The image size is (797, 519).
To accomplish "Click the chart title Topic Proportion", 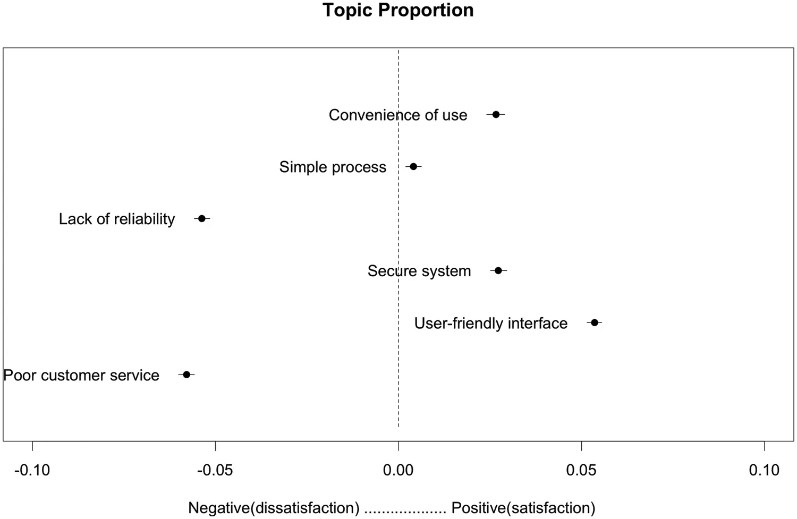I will (x=398, y=10).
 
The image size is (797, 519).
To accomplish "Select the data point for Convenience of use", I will (x=496, y=114).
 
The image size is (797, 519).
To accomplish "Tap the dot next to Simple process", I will (x=413, y=166).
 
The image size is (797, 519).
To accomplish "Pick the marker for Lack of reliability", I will (x=202, y=218).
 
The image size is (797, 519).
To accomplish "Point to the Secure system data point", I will (x=498, y=270).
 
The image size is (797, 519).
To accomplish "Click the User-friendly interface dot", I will (x=595, y=322).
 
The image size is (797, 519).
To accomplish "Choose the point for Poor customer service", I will (x=186, y=375).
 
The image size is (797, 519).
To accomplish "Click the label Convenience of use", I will (x=398, y=115).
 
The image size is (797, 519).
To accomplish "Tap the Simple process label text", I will (x=333, y=167).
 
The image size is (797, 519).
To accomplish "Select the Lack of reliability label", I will (x=117, y=219).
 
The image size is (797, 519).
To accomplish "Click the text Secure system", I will (x=419, y=271).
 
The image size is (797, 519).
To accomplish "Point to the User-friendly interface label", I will (x=491, y=323).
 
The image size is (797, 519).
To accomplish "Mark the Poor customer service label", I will (x=81, y=375).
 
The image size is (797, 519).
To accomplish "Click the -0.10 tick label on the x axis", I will (x=32, y=470).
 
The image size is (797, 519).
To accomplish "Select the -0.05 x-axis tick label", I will (x=215, y=470).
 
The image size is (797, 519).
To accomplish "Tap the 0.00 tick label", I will (x=398, y=470).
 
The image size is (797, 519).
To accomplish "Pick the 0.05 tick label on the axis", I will (x=581, y=470).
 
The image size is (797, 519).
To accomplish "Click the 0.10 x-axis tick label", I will (x=764, y=470).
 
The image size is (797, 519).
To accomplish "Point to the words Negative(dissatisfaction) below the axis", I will (x=274, y=508).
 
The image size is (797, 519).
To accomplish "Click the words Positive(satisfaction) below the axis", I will (x=523, y=508).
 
